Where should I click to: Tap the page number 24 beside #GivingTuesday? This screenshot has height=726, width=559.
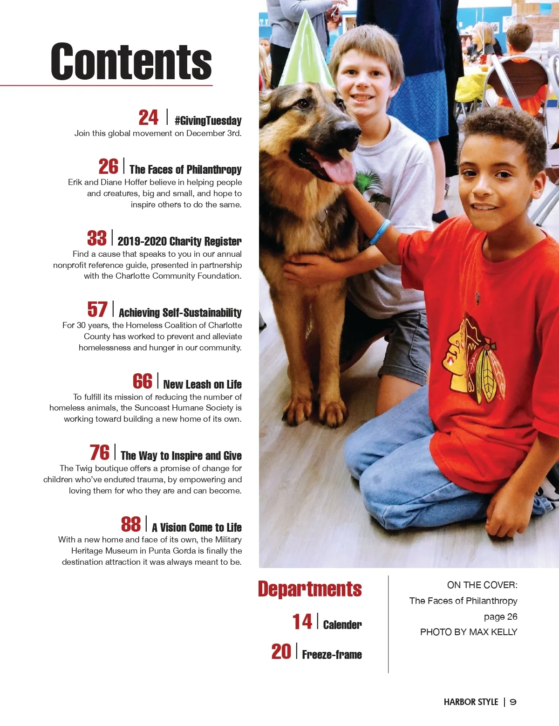pos(148,118)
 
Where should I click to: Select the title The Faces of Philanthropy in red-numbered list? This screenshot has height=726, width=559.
pos(185,169)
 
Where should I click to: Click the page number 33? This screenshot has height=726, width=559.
pos(97,238)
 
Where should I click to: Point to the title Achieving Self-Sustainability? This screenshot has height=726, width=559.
pos(180,312)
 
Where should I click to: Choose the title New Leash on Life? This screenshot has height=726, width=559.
pos(202,384)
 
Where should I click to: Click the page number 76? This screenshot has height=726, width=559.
pos(100,452)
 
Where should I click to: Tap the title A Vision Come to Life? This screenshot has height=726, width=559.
pos(197,527)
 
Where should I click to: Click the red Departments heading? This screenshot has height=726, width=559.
pos(310,589)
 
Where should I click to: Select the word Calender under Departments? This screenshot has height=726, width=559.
pos(342,624)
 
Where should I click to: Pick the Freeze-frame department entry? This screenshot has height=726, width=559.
pos(332,654)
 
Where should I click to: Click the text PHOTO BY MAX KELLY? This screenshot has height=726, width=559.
pos(469,632)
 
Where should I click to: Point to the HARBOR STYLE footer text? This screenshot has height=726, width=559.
pos(470,702)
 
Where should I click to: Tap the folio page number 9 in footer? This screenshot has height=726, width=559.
pos(513,702)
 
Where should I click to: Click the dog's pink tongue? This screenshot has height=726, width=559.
pos(336,170)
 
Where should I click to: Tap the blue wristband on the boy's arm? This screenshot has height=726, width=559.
pos(380,232)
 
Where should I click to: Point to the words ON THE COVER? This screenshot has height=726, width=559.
pos(482,585)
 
